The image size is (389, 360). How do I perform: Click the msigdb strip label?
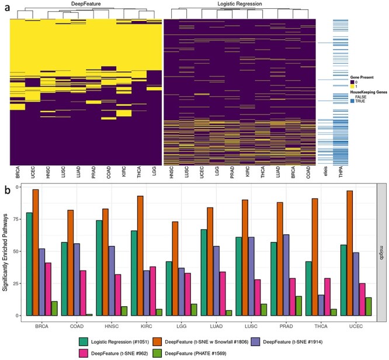pyautogui.click(x=380, y=250)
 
